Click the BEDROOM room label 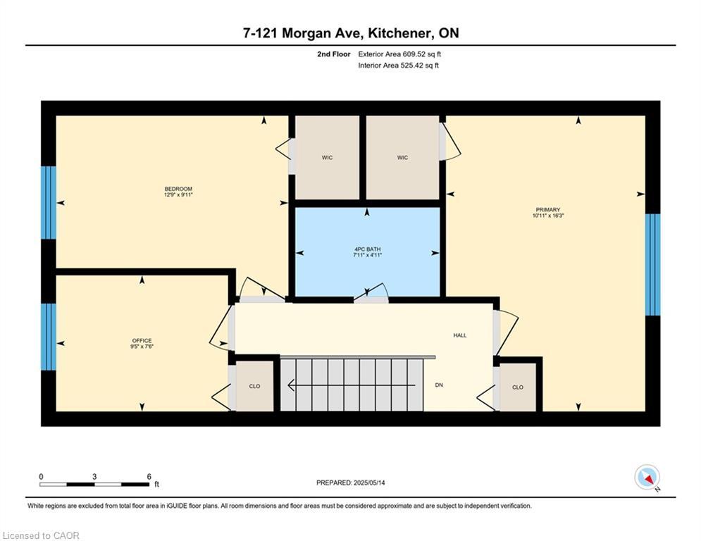point(178,189)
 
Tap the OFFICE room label point(142,340)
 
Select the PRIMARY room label point(548,209)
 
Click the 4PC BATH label point(367,249)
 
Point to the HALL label point(460,335)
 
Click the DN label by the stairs point(439,385)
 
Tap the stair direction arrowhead point(292,385)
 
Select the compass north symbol point(647,477)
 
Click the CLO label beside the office point(254,386)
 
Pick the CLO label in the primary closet point(518,387)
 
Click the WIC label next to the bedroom point(327,158)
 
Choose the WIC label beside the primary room point(402,158)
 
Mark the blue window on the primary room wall point(653,264)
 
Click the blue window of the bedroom point(48,202)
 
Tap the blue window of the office point(48,336)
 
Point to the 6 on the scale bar point(149,476)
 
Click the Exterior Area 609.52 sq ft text point(399,54)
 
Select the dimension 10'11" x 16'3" point(548,216)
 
